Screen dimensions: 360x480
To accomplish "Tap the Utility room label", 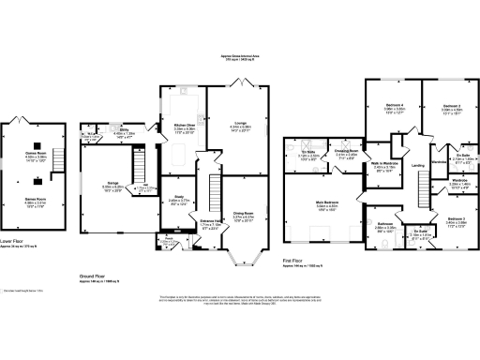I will pos(123,132).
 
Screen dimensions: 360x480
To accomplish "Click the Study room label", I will pos(178,198).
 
